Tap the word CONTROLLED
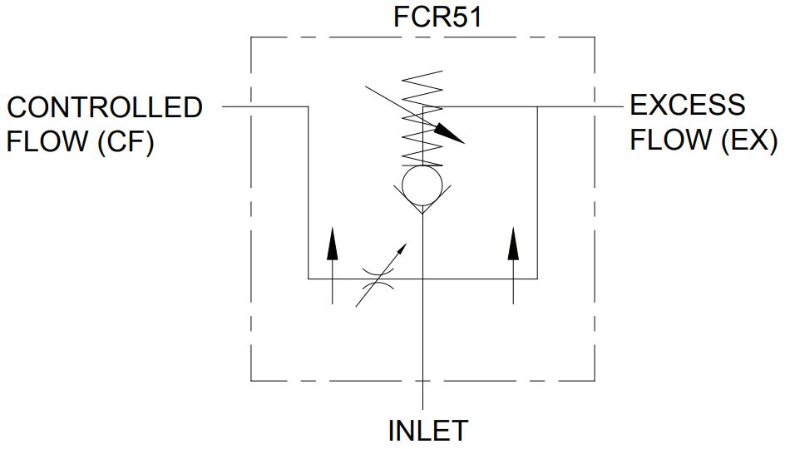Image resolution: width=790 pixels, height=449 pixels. click(x=105, y=108)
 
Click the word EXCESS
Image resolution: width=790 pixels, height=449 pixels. click(x=688, y=106)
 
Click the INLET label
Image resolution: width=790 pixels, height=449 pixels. click(x=428, y=431)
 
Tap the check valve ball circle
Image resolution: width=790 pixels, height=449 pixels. click(x=422, y=185)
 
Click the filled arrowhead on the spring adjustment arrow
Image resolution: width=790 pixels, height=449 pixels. click(x=450, y=133)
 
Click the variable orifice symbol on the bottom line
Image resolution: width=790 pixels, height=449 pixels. click(x=381, y=279)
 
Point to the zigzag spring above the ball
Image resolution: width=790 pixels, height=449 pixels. click(x=422, y=121)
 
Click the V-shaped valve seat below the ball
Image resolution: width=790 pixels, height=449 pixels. click(x=422, y=203)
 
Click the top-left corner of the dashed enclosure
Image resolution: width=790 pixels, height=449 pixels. click(x=251, y=37)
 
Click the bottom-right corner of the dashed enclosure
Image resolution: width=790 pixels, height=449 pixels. click(x=594, y=381)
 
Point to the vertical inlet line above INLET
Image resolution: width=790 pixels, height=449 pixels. click(x=422, y=349)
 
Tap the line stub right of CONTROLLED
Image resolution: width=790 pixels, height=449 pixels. click(x=237, y=106)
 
